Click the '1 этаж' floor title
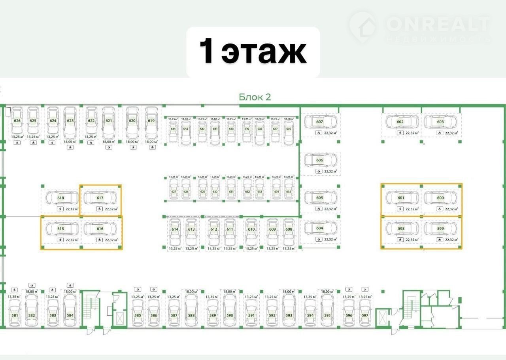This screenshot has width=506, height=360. (253, 51)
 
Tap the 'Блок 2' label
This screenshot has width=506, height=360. (255, 97)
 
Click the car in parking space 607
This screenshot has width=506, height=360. (320, 122)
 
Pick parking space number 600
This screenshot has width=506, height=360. (440, 198)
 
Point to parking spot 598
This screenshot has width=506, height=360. (401, 229)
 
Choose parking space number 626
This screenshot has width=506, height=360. (17, 121)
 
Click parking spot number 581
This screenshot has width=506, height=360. (15, 315)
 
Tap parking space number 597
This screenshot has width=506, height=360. (365, 315)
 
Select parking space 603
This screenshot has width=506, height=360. (440, 122)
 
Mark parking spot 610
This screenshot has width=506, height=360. (251, 229)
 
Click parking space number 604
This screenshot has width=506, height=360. (320, 228)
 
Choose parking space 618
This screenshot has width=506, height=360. (61, 198)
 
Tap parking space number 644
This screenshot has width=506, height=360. (173, 129)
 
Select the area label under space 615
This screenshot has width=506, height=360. (72, 240)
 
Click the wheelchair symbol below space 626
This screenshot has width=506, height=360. (17, 143)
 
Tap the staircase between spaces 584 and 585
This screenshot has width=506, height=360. (90, 307)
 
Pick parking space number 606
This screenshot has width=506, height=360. (320, 160)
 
